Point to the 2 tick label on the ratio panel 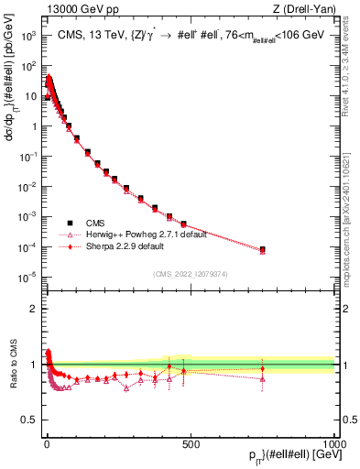pyautogui.click(x=33, y=309)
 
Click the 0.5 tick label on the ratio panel pyautogui.click(x=29, y=420)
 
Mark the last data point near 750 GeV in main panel pyautogui.click(x=263, y=249)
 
